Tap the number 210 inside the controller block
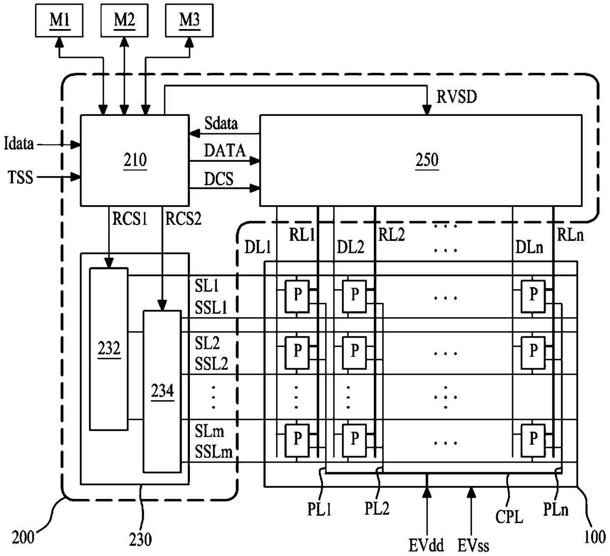135,160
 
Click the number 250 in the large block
427,160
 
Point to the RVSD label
457,97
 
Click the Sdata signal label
221,123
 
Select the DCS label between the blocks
218,179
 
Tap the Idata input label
19,144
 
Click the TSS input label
20,177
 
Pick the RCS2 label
183,218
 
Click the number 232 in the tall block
109,348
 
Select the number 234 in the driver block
162,391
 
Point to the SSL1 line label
211,308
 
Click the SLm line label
210,431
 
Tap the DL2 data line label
350,247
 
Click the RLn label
570,235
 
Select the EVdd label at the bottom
426,545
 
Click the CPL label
509,517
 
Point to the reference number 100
595,537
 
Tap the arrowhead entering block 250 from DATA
255,160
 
